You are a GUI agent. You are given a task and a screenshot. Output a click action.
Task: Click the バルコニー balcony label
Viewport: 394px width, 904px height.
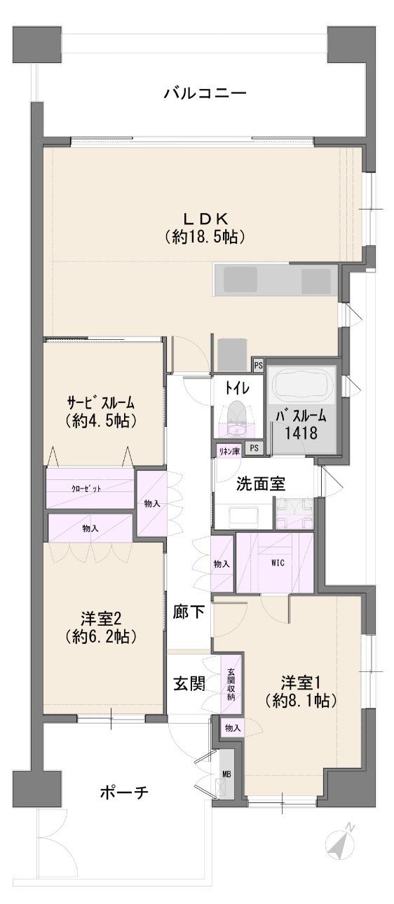point(205,94)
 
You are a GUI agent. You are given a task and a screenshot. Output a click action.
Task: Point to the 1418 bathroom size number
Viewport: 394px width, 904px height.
point(301,432)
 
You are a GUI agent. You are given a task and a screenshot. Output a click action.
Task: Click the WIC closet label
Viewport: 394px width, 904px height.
point(278,563)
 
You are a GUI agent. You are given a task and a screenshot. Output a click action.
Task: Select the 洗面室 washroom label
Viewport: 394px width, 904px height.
point(261,484)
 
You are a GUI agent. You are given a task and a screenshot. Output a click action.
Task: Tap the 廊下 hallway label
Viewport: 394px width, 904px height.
point(188,612)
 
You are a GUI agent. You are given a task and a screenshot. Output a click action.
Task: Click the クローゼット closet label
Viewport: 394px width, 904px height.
point(86,488)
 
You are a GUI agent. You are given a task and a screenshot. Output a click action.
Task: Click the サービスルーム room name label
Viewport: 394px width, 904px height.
point(100,403)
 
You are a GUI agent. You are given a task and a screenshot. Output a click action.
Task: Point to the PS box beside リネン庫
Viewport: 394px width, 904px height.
point(254,448)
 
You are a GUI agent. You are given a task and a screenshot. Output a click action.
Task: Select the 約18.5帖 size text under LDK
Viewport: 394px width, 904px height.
point(205,237)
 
